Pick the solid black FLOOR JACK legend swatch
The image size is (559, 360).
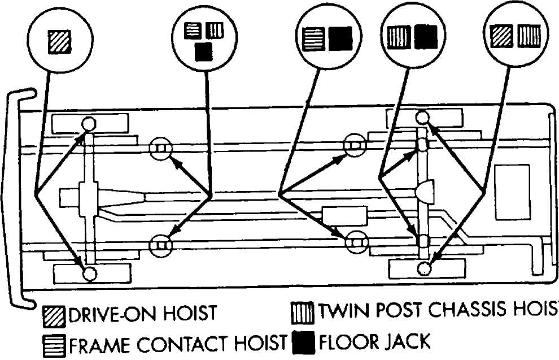303,343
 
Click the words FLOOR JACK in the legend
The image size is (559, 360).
375,342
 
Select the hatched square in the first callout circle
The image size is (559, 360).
59,42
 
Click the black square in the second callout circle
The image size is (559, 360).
204,52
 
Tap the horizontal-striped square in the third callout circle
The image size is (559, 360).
313,39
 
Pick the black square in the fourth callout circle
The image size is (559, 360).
426,37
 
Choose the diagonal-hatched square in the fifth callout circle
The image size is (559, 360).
501,36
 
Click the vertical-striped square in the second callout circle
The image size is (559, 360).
215,31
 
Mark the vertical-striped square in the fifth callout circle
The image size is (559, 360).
529,36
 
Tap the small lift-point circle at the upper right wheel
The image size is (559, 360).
423,118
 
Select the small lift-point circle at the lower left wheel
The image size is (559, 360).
89,274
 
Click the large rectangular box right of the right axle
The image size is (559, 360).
513,192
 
